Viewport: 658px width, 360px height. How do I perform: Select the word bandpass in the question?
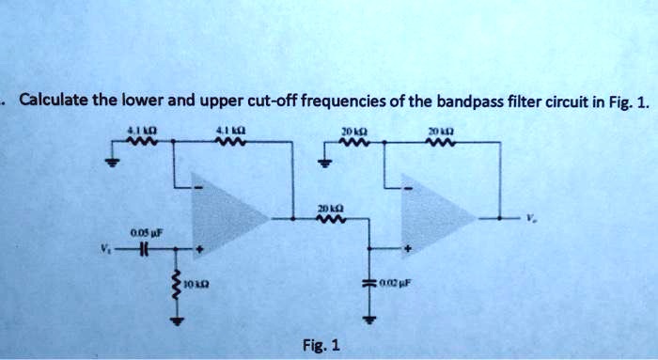(x=468, y=102)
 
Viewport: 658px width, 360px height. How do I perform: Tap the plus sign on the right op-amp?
(x=408, y=250)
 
